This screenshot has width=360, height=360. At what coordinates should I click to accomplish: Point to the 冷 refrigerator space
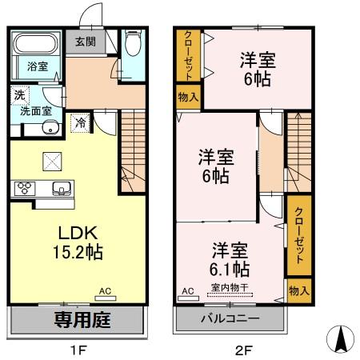pyautogui.click(x=81, y=122)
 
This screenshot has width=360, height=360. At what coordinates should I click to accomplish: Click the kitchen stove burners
pyautogui.click(x=23, y=189)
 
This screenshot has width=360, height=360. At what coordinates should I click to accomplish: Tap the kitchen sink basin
pyautogui.click(x=60, y=189)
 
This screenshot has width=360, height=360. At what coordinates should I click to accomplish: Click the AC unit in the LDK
pyautogui.click(x=106, y=298)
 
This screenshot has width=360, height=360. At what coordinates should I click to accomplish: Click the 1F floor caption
pyautogui.click(x=78, y=350)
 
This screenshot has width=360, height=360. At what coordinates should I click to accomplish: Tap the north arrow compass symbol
pyautogui.click(x=340, y=340)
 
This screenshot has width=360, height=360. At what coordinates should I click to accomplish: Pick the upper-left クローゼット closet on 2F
pyautogui.click(x=187, y=55)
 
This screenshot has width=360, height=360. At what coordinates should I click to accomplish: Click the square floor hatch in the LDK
pyautogui.click(x=53, y=161)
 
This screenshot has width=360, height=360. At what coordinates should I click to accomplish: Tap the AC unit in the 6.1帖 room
pyautogui.click(x=189, y=298)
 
